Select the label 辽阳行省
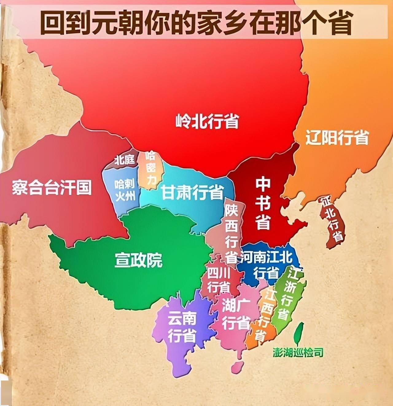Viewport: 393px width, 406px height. (337, 138)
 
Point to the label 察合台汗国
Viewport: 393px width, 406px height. (52, 187)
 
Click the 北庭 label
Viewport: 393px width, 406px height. (125, 159)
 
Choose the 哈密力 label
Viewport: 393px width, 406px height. (151, 169)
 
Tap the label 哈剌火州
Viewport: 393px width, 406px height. (125, 190)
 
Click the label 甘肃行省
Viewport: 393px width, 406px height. (192, 193)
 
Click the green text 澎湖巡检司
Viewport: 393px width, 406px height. (298, 353)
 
